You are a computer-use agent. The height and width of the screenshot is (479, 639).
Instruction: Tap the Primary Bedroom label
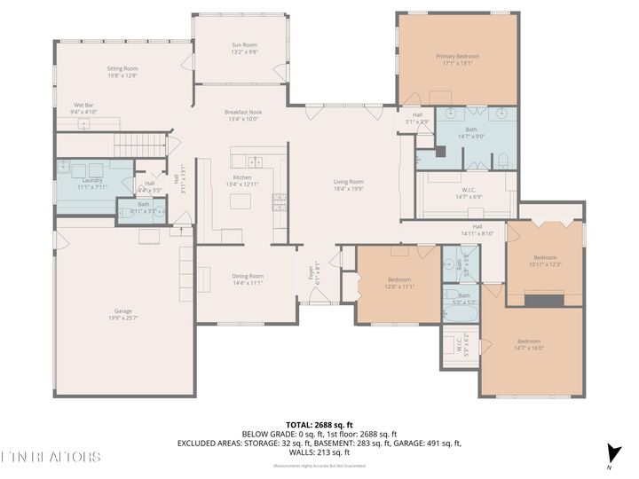(x=457, y=57)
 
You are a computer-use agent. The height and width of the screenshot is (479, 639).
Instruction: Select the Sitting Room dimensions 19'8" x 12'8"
(x=122, y=75)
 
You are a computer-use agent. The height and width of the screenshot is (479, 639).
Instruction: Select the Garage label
(x=122, y=311)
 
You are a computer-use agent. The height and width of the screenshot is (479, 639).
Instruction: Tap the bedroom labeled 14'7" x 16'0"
(x=529, y=342)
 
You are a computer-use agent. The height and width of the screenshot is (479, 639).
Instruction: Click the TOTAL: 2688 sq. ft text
(x=319, y=425)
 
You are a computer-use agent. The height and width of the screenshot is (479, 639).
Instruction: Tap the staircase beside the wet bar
(x=151, y=144)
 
